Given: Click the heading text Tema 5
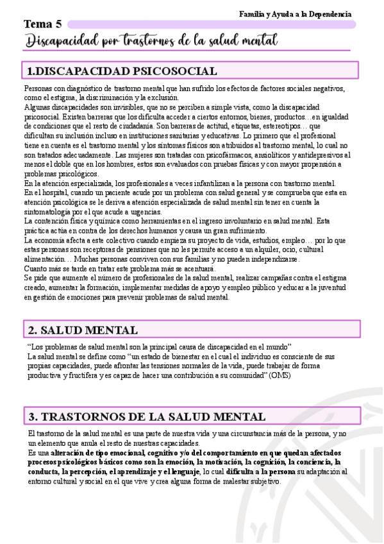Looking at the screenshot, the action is pos(43,24).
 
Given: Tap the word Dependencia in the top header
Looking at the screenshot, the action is pos(329,13).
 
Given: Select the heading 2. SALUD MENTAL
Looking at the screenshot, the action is pos(83,330).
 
